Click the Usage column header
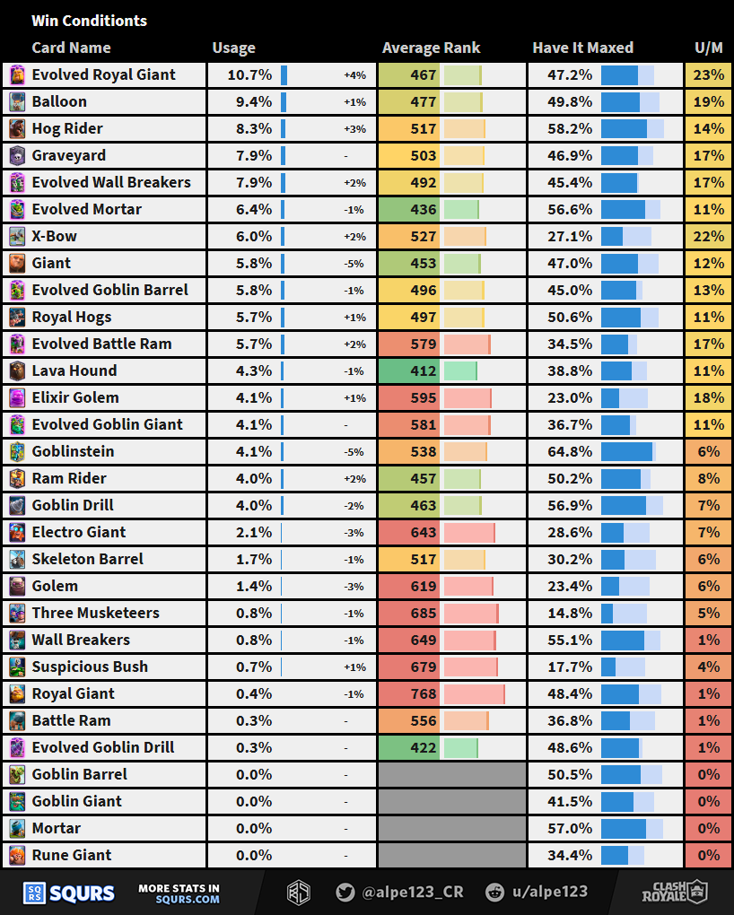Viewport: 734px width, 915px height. click(x=233, y=48)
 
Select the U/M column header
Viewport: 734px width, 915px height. click(x=709, y=48)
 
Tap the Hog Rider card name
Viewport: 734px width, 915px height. click(x=67, y=128)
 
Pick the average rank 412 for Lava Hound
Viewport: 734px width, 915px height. click(x=423, y=370)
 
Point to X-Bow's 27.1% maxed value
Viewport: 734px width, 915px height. click(x=570, y=236)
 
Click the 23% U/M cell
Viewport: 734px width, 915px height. click(x=709, y=74)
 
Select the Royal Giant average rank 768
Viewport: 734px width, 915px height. click(x=423, y=693)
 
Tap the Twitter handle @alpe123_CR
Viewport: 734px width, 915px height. click(x=399, y=892)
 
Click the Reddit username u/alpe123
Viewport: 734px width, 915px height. click(x=548, y=892)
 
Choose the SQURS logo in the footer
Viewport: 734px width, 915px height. click(x=69, y=893)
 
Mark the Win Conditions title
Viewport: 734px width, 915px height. click(x=89, y=21)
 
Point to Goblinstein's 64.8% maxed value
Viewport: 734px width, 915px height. click(x=570, y=451)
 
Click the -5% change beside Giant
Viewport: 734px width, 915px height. click(x=354, y=264)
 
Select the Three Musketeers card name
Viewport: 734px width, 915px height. click(x=95, y=613)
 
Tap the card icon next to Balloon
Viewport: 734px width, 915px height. click(x=17, y=101)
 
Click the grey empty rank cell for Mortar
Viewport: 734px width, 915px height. click(x=451, y=828)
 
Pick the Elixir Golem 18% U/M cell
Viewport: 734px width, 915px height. click(x=709, y=397)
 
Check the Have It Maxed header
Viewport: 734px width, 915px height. click(x=582, y=48)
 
